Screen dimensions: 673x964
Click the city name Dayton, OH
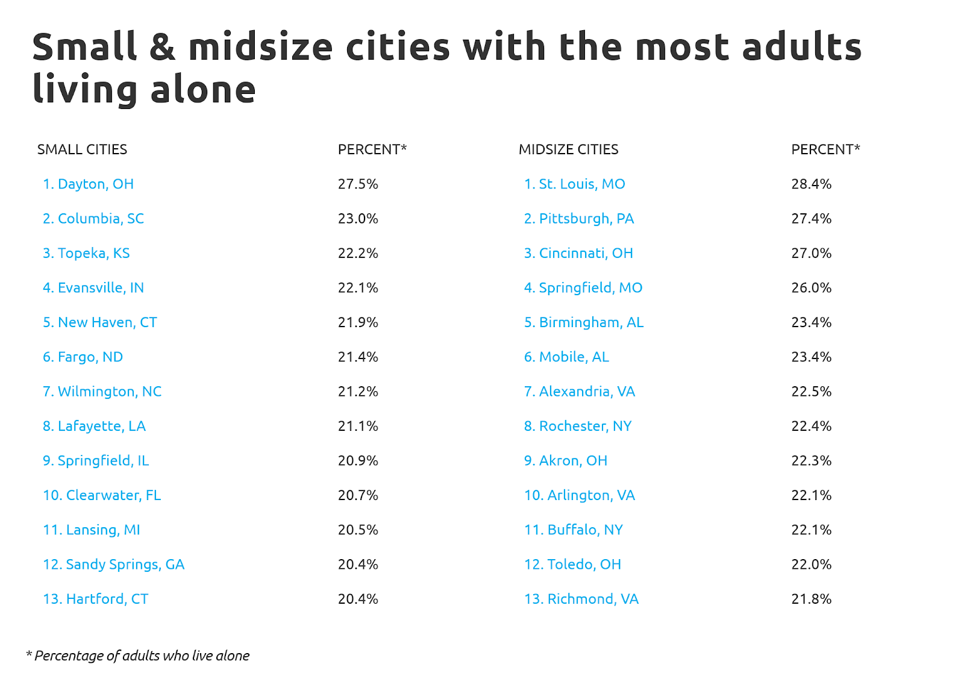pos(89,184)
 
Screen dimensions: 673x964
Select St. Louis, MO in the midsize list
pos(575,184)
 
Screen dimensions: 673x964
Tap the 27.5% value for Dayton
pos(358,184)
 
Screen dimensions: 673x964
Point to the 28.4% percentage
pos(811,184)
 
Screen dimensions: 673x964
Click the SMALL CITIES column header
pos(82,149)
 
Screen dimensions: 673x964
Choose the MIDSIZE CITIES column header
pos(568,149)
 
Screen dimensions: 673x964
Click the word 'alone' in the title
pos(204,90)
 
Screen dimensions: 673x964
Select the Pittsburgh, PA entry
pos(579,219)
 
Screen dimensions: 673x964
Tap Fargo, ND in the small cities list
pos(83,357)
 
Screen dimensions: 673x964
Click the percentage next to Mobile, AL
pos(811,357)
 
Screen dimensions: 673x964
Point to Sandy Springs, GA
pos(114,565)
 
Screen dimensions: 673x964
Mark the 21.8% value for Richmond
pos(811,599)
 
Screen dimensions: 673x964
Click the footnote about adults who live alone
pos(138,656)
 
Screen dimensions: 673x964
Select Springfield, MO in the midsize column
pos(583,288)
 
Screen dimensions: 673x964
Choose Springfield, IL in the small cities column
pos(96,461)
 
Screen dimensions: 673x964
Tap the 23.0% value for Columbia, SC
pos(358,219)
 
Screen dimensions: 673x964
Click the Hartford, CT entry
pos(96,599)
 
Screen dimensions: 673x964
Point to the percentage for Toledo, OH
pos(811,565)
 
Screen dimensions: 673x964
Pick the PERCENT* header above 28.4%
pos(825,149)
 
